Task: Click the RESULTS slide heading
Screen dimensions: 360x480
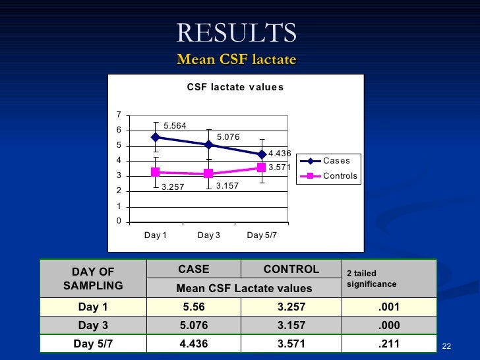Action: (x=236, y=32)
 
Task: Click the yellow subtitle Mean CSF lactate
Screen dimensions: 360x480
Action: (x=236, y=60)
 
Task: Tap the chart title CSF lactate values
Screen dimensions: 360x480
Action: (x=235, y=87)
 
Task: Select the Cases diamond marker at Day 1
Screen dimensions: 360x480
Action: (x=156, y=137)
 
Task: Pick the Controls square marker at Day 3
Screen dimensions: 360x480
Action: (x=208, y=173)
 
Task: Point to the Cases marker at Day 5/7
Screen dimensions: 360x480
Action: (x=262, y=154)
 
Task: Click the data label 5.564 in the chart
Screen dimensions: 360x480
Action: (x=175, y=126)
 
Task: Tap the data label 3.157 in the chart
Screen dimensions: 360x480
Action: (x=227, y=187)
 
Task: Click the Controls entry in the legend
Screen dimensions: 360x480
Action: (x=340, y=176)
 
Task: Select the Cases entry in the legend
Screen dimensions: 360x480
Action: (x=336, y=161)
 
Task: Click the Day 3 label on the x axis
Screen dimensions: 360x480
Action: (x=208, y=235)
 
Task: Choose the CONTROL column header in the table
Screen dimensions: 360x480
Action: (x=291, y=269)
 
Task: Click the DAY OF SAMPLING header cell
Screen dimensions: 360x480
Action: (x=93, y=278)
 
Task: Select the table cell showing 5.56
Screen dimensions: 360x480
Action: (x=194, y=307)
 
